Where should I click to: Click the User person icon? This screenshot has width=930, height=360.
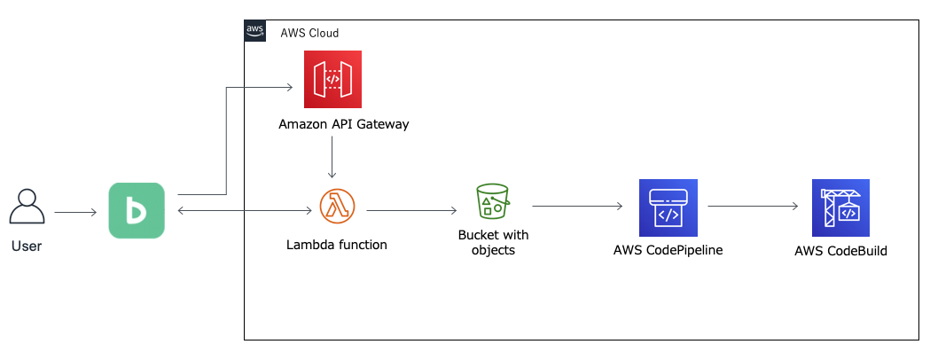click(27, 208)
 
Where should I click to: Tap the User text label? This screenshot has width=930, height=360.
click(27, 247)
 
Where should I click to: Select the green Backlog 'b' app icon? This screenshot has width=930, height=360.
click(137, 210)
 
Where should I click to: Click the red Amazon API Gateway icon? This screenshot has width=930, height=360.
click(332, 79)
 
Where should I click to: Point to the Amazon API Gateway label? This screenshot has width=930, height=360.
click(344, 124)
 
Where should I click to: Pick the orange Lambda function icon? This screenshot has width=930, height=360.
click(337, 207)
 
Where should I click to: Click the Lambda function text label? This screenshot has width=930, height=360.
click(337, 245)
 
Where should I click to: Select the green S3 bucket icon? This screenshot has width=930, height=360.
click(493, 201)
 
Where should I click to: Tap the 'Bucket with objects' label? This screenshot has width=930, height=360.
click(493, 242)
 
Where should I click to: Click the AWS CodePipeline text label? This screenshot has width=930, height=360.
click(668, 250)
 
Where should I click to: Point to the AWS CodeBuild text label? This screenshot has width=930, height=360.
click(840, 251)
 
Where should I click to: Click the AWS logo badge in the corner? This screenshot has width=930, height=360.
click(255, 31)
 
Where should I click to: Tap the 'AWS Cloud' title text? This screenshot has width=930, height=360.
click(309, 33)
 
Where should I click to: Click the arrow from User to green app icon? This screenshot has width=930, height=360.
click(75, 212)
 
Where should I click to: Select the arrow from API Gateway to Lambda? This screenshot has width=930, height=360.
click(331, 160)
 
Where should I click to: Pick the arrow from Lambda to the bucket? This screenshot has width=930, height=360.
click(411, 211)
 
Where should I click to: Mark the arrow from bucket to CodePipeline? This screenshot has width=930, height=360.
click(576, 207)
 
